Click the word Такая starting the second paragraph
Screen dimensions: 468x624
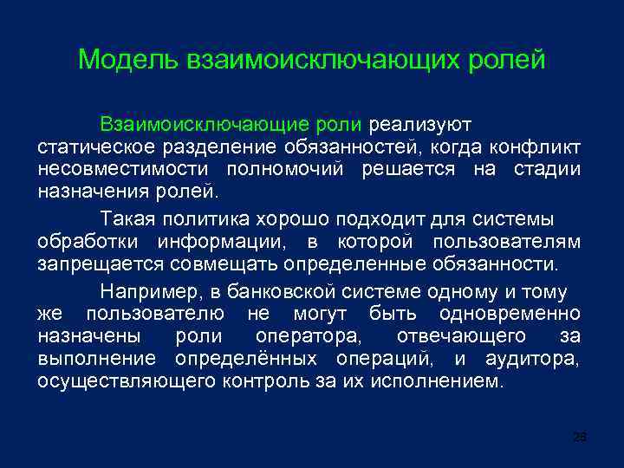click(x=130, y=216)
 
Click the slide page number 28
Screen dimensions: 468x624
click(x=580, y=437)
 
